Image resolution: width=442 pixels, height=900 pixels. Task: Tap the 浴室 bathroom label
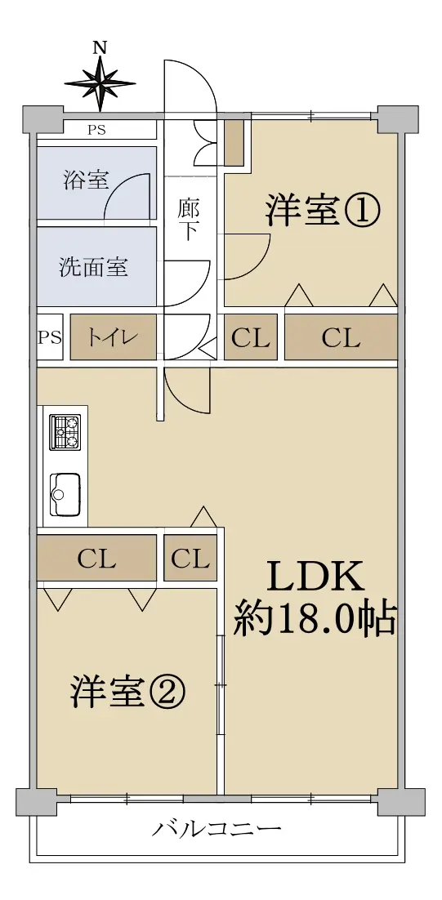point(86,180)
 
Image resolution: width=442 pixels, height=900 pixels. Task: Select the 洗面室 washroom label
point(94,267)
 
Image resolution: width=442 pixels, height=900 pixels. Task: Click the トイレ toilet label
point(113,337)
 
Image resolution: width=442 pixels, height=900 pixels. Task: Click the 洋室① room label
point(323,212)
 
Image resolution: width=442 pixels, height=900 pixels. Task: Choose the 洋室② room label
point(128,693)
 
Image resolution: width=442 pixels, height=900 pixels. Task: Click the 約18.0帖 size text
point(315,619)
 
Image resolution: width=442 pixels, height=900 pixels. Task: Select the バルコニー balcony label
point(217,830)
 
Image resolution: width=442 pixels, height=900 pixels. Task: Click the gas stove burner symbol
point(65,432)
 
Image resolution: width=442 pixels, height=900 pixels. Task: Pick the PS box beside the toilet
point(50,337)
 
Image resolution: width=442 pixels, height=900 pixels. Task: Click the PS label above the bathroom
point(96,130)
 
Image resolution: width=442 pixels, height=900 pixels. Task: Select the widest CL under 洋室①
point(341,338)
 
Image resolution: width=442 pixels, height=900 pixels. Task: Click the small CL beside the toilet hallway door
point(250,338)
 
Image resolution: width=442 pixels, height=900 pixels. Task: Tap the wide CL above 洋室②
point(97,558)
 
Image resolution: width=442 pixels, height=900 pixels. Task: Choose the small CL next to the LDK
point(190,558)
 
